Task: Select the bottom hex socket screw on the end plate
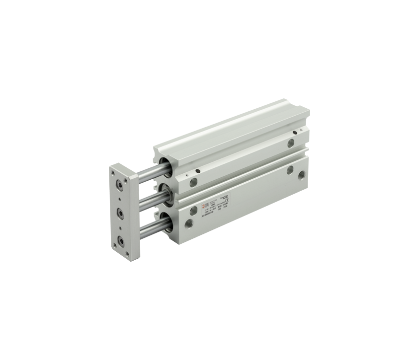coord(121,243)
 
